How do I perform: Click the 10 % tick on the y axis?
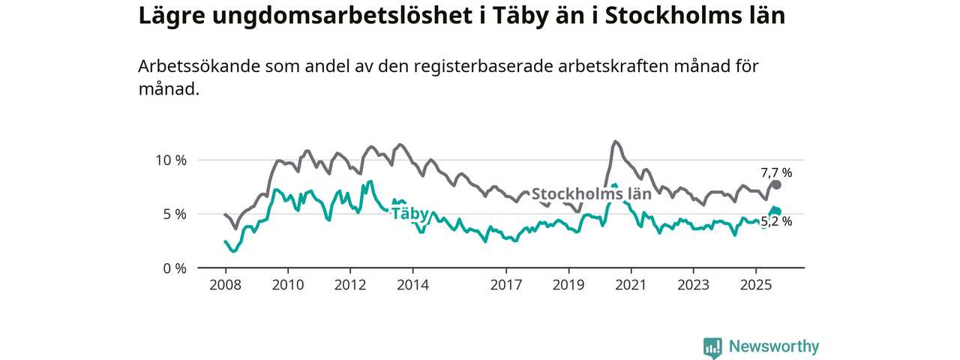(x=170, y=160)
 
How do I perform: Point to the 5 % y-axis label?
(x=173, y=214)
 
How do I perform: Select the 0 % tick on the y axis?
(x=173, y=268)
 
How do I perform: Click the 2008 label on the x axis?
(x=225, y=286)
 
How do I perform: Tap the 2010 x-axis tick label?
(x=287, y=286)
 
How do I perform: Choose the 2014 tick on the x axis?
(x=412, y=286)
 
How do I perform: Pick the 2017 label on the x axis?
(x=506, y=286)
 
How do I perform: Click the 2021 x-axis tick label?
(x=631, y=286)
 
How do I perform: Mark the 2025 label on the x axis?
(x=755, y=286)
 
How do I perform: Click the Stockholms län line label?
(x=591, y=193)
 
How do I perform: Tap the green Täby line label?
(x=409, y=214)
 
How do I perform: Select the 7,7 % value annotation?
(x=776, y=172)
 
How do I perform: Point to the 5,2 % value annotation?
(x=776, y=221)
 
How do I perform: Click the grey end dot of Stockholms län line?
(x=777, y=184)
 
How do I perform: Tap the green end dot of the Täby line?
(x=777, y=211)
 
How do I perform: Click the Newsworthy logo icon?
(x=712, y=347)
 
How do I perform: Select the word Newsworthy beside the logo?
(x=774, y=346)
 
